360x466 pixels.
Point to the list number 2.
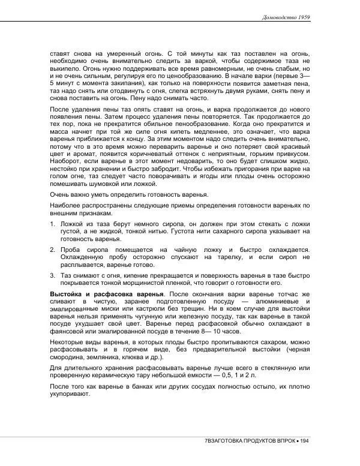[52, 249]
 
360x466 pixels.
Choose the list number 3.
[52, 275]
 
